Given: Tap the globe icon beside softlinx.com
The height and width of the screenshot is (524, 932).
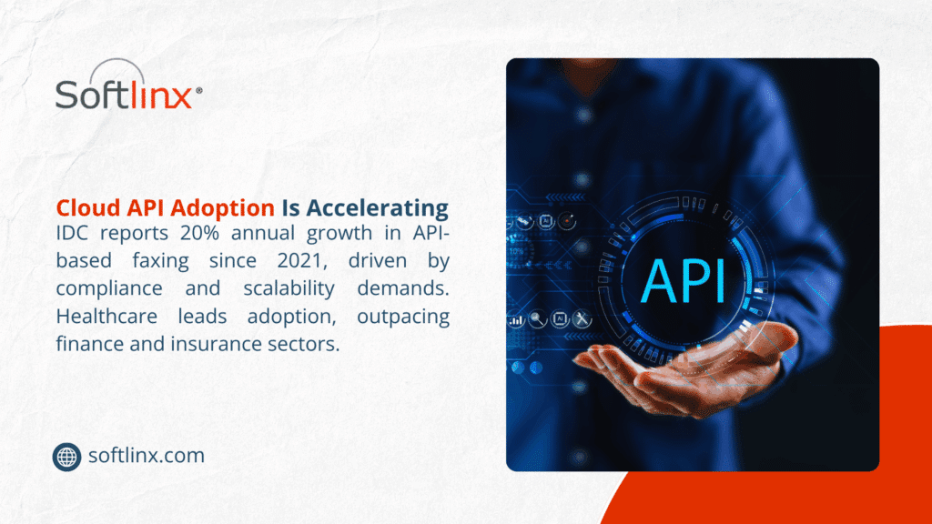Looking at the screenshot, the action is click(66, 457).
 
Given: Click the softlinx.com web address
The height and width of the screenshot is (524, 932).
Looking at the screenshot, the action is click(147, 456).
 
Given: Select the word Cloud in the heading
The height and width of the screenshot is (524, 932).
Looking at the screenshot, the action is click(88, 208).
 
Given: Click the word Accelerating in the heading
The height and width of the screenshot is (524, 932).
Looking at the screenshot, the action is click(378, 208).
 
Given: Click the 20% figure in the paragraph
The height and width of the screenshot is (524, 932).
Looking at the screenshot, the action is click(199, 232).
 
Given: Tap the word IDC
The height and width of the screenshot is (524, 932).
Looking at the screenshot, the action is click(72, 232).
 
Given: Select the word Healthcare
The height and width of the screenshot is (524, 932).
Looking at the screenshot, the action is click(106, 316).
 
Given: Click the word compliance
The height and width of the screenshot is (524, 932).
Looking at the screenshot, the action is click(109, 289).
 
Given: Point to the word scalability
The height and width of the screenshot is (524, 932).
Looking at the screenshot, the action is click(289, 289).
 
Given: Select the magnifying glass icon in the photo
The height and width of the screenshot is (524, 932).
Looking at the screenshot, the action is click(537, 319).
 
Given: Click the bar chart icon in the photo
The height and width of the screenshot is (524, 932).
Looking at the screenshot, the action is click(516, 321).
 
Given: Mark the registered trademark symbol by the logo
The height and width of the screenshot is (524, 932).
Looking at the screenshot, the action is click(198, 90).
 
